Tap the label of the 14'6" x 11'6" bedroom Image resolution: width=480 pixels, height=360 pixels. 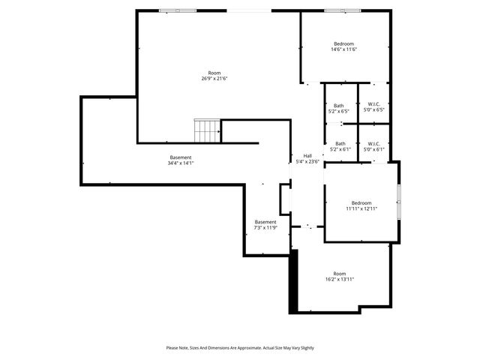click(x=343, y=43)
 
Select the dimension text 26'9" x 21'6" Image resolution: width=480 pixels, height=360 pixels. click(x=214, y=78)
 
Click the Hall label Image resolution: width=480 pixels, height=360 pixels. click(x=307, y=155)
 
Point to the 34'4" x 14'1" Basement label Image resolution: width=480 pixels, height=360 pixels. click(x=180, y=157)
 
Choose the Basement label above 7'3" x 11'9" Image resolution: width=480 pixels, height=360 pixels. click(x=265, y=222)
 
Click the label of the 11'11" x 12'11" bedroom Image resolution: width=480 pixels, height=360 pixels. click(x=361, y=202)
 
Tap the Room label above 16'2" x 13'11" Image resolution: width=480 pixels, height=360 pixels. click(x=340, y=273)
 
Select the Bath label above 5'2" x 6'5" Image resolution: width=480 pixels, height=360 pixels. click(x=339, y=105)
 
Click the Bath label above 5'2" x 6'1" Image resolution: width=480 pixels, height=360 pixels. click(x=340, y=143)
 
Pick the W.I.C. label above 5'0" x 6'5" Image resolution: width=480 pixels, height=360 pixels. click(x=373, y=105)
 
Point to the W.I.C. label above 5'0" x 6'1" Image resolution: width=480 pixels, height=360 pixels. click(x=373, y=143)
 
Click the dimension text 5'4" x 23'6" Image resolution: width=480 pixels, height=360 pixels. click(x=307, y=161)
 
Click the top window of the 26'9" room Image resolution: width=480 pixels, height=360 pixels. click(x=179, y=10)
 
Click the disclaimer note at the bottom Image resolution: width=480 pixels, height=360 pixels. click(x=240, y=348)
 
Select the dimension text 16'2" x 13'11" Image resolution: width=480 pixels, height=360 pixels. click(x=340, y=279)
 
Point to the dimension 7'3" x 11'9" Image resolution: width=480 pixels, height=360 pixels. click(x=265, y=228)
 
